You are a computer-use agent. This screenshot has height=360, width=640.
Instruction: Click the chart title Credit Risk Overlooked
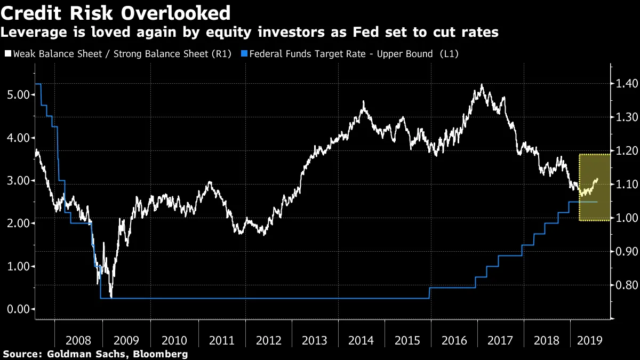pyautogui.click(x=116, y=12)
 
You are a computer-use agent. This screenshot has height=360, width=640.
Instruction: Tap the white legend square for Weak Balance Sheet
pyautogui.click(x=7, y=54)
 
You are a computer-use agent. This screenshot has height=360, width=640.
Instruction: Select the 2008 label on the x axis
pyautogui.click(x=78, y=340)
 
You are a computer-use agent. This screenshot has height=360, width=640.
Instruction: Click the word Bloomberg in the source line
pyautogui.click(x=162, y=354)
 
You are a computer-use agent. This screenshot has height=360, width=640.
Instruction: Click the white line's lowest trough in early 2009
pyautogui.click(x=110, y=296)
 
